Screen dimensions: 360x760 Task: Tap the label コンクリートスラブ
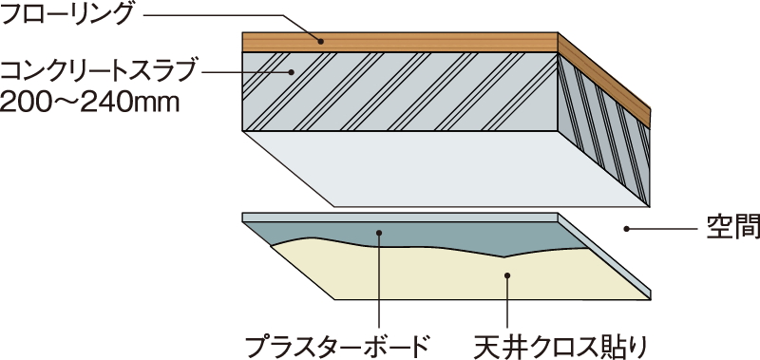100,69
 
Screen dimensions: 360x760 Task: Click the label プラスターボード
338,343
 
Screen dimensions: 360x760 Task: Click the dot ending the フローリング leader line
321,41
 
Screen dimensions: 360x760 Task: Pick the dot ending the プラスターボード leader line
378,231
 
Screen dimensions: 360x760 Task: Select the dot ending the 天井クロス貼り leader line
507,275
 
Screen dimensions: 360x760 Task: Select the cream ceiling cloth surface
427,275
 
